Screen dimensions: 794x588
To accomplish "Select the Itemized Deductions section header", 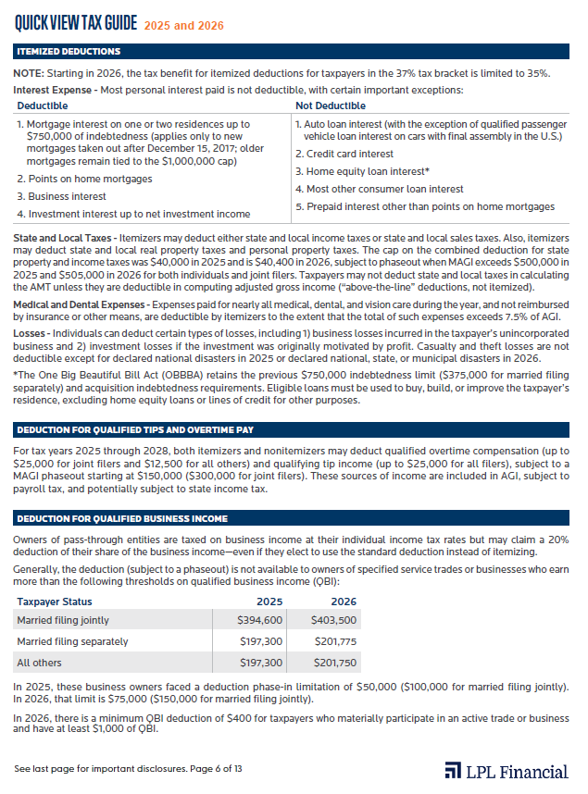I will tap(69, 52).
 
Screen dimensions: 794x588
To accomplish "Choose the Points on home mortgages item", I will tap(84, 179).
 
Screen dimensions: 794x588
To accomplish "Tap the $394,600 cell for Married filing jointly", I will tap(262, 620).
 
